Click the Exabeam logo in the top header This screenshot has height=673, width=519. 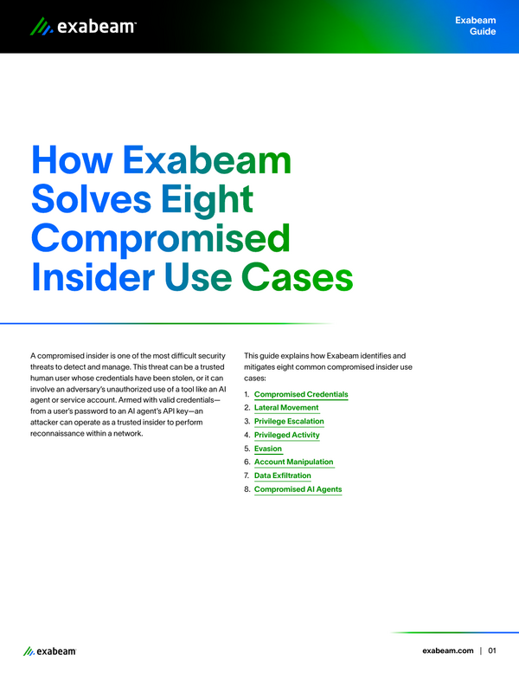83,27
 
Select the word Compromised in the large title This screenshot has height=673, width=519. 161,238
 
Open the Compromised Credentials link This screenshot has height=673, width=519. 301,394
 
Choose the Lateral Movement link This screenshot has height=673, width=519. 286,407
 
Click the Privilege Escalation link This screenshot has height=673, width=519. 289,421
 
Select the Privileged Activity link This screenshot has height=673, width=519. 287,435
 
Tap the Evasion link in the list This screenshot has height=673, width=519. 268,449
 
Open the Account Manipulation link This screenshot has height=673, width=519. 293,462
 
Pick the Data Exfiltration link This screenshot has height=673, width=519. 283,476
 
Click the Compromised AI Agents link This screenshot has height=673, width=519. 298,489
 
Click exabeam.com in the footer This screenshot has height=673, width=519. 447,650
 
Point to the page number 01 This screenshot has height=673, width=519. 492,650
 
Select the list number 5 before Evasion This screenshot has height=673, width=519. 247,449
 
